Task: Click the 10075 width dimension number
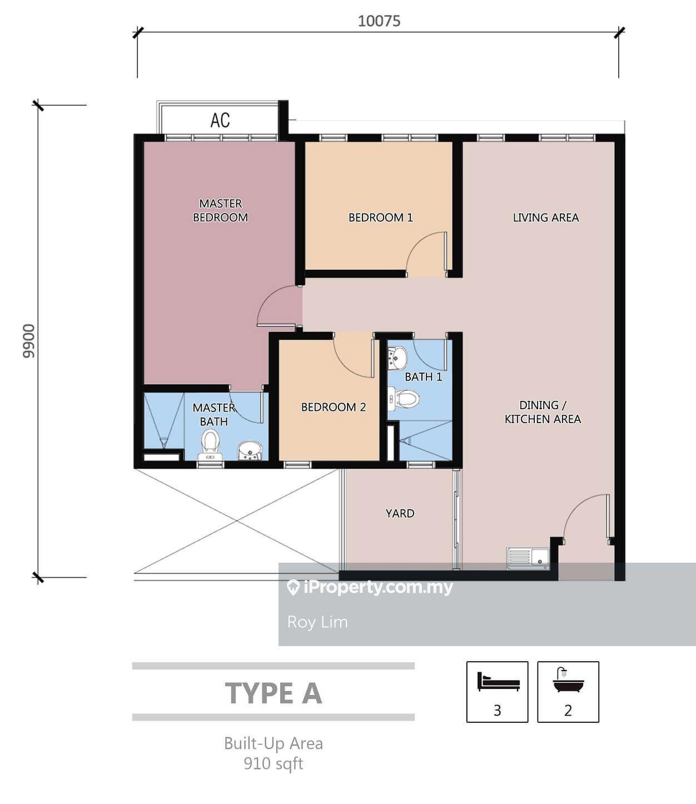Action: [x=379, y=21]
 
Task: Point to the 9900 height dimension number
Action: [x=29, y=341]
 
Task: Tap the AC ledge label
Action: [x=220, y=120]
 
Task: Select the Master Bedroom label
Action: [x=221, y=210]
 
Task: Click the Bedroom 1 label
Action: [x=381, y=217]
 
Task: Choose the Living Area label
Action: [x=546, y=217]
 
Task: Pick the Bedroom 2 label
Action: [x=334, y=407]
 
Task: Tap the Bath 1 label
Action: [x=424, y=376]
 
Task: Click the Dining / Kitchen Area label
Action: [x=543, y=412]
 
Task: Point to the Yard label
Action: [x=400, y=513]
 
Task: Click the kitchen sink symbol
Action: [x=528, y=558]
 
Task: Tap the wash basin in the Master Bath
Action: [x=250, y=450]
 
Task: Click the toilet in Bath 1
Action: [x=404, y=398]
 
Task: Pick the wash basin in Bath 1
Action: [x=397, y=357]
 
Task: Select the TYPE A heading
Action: [x=274, y=693]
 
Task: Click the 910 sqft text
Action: [x=274, y=763]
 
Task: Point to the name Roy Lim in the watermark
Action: [x=317, y=622]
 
